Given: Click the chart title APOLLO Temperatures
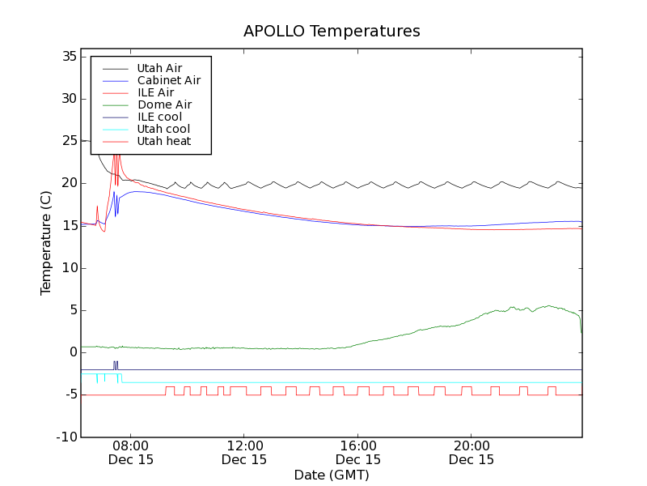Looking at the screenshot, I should tap(332, 32).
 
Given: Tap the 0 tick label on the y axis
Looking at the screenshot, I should tap(72, 352).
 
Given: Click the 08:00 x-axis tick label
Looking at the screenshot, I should tap(130, 446).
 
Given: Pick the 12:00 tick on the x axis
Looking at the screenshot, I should tap(244, 446).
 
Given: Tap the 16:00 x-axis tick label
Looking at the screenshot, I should tap(357, 446).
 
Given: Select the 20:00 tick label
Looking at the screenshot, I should tap(472, 446).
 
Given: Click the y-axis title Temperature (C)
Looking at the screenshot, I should tap(46, 243).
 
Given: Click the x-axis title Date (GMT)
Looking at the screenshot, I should tap(332, 475).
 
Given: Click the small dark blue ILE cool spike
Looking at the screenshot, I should tap(116, 364).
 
